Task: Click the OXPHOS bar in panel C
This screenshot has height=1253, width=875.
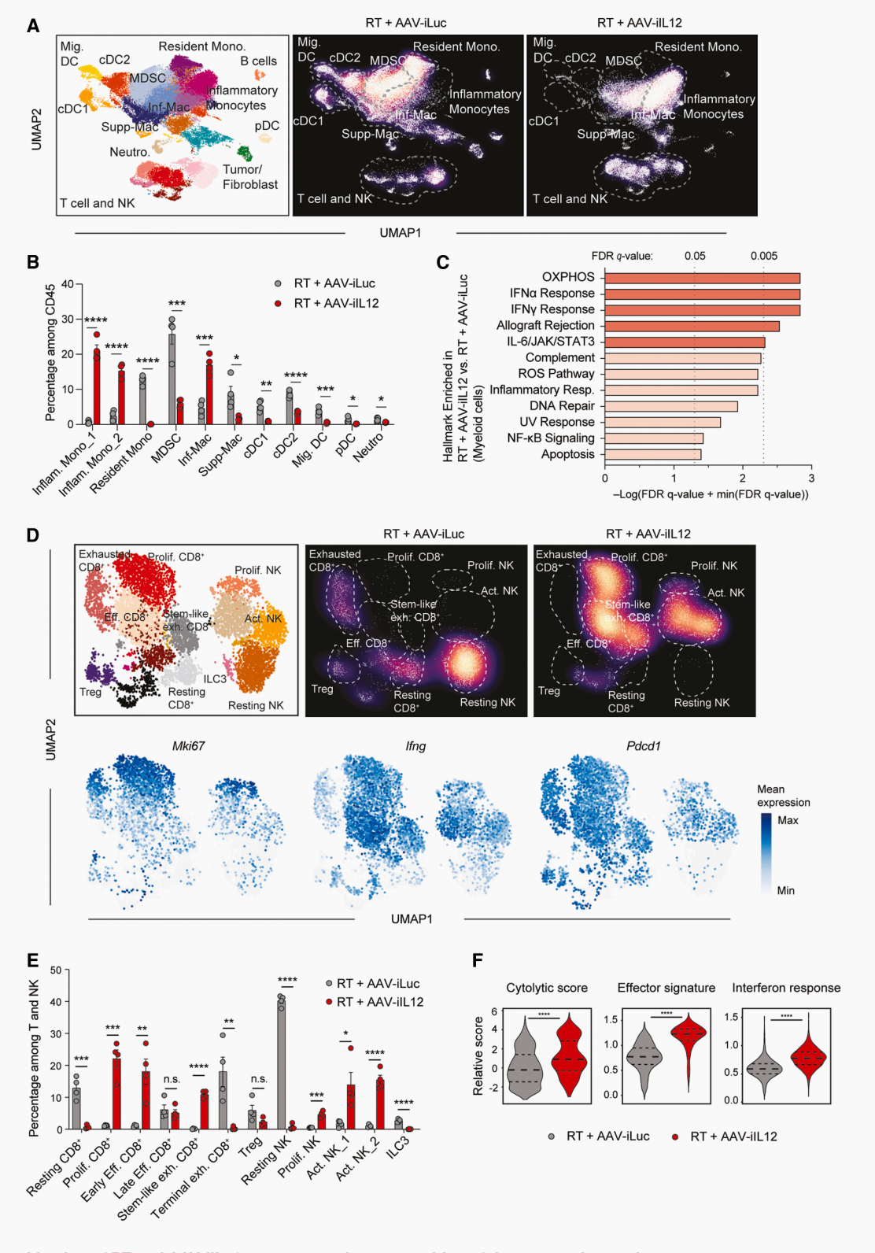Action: tap(702, 278)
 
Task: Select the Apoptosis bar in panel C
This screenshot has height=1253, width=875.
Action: tap(652, 454)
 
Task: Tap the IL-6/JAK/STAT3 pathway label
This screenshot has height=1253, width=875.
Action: tap(550, 342)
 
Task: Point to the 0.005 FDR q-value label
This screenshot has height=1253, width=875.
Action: tap(763, 256)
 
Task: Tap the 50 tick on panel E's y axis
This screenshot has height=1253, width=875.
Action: tap(55, 970)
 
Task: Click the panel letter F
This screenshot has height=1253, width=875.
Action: tap(477, 960)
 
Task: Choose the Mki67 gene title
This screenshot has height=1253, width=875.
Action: tap(188, 746)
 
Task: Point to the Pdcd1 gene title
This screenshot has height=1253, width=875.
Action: tap(643, 746)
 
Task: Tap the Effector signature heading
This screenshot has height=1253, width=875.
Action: tap(666, 988)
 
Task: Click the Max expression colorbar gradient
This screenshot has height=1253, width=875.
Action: tap(766, 854)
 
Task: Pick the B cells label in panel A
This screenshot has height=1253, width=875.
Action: tap(258, 61)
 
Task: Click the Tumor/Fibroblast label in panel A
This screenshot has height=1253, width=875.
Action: tap(249, 177)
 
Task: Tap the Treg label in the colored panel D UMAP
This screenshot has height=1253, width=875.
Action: tap(90, 692)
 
